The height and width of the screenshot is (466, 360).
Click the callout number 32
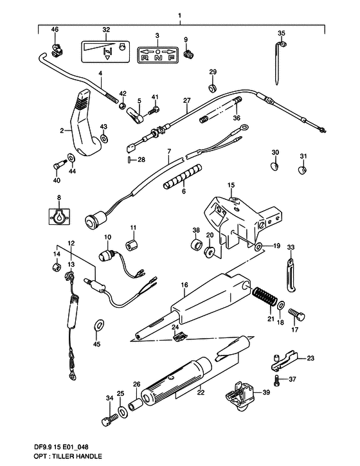pyautogui.click(x=106, y=30)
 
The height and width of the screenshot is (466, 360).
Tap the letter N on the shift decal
pyautogui.click(x=158, y=58)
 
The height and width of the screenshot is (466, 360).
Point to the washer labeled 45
pyautogui.click(x=99, y=325)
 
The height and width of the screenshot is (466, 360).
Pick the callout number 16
pyautogui.click(x=184, y=285)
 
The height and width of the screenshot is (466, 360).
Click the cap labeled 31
pyautogui.click(x=302, y=170)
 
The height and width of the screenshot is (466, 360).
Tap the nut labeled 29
pyautogui.click(x=212, y=88)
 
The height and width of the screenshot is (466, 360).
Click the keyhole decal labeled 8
pyautogui.click(x=59, y=217)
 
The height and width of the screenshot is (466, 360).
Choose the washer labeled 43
pyautogui.click(x=104, y=138)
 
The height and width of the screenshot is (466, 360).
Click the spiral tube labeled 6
pyautogui.click(x=182, y=176)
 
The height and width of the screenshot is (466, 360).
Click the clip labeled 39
pyautogui.click(x=240, y=397)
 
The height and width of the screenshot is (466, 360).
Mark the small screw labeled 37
pyautogui.click(x=277, y=379)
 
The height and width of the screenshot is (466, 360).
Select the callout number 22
pyautogui.click(x=201, y=392)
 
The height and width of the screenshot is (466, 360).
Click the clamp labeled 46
pyautogui.click(x=56, y=50)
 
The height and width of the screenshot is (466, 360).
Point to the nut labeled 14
pyautogui.click(x=56, y=267)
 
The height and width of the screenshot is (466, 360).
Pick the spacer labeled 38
pyautogui.click(x=196, y=245)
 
